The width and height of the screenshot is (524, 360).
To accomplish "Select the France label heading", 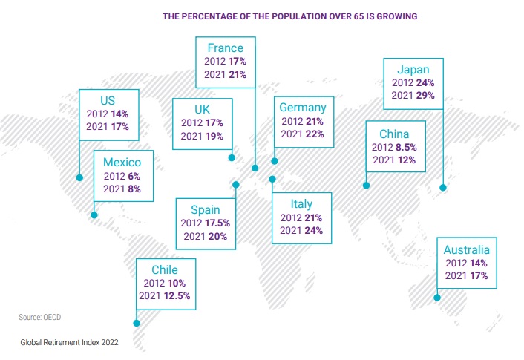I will click(226, 49).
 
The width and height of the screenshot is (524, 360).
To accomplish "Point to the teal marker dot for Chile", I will click(136, 323).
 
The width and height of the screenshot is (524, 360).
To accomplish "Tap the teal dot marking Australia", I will click(437, 298).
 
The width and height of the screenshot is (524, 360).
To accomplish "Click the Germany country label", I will click(302, 108).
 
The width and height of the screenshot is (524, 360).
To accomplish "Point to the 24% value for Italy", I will click(312, 230).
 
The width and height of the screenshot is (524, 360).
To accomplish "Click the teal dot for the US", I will click(79, 177).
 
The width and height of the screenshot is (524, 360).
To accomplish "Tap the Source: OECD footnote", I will click(41, 318).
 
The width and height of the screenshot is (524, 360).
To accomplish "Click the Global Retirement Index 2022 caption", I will click(70, 343).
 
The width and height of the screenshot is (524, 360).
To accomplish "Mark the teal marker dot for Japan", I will click(442, 188).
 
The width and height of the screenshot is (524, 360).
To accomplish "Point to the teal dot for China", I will click(365, 186).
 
